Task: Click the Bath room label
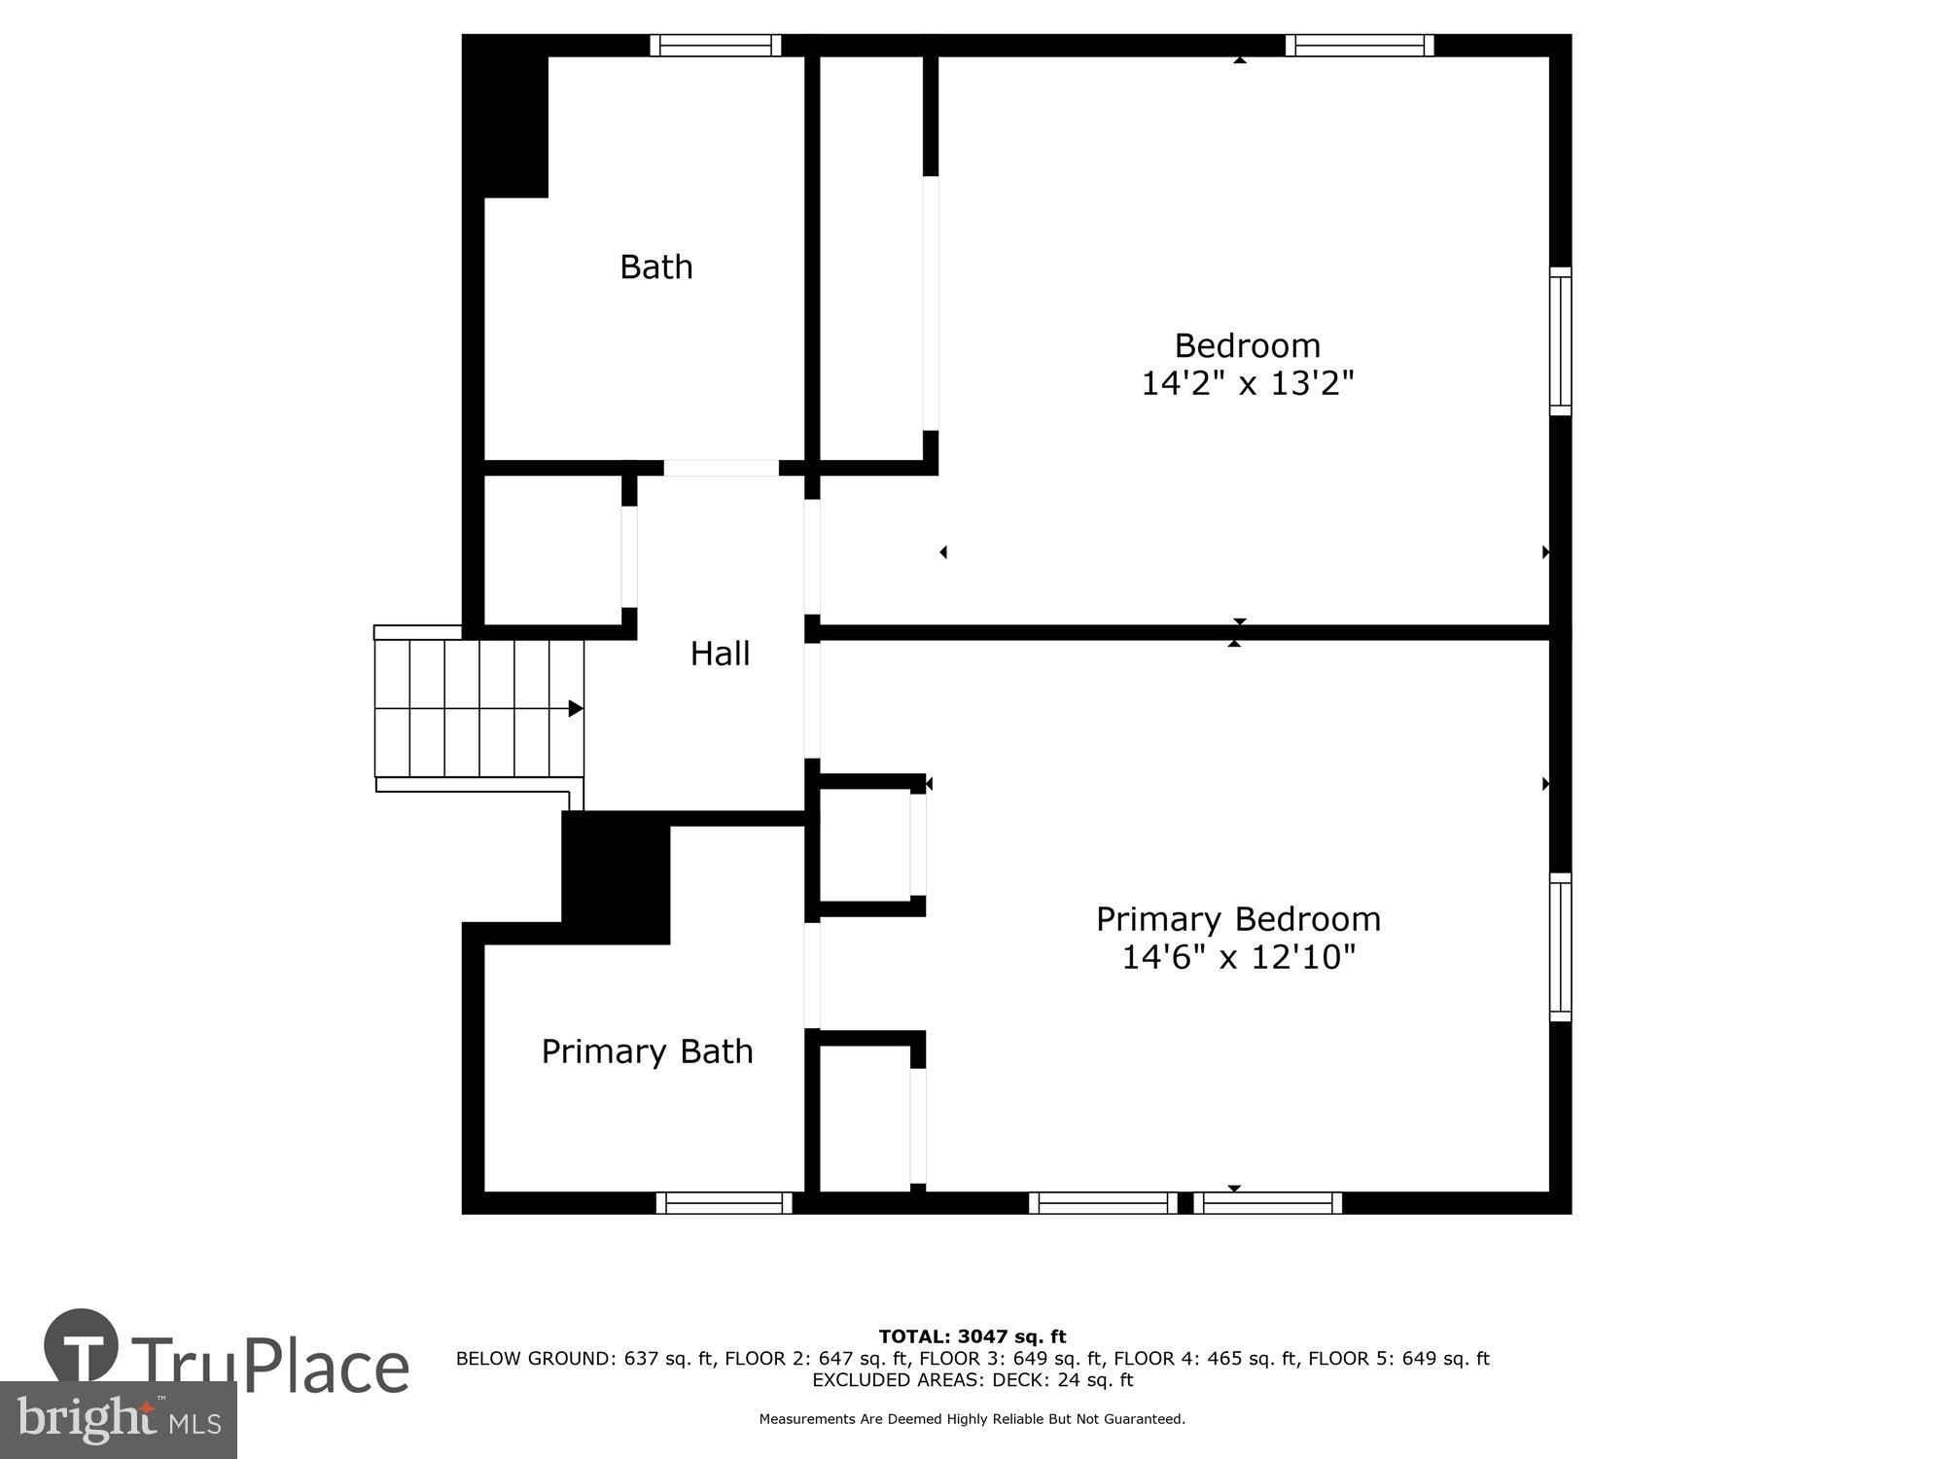pyautogui.click(x=656, y=267)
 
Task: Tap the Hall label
pyautogui.click(x=720, y=654)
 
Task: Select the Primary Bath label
pyautogui.click(x=647, y=1051)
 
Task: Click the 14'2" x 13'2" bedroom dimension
pyautogui.click(x=1247, y=384)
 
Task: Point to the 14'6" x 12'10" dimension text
pyautogui.click(x=1238, y=958)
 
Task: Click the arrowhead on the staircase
pyautogui.click(x=576, y=708)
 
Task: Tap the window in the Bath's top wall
pyautogui.click(x=716, y=46)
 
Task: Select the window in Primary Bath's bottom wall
pyautogui.click(x=724, y=1203)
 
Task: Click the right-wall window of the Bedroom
pyautogui.click(x=1560, y=340)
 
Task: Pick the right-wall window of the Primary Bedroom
pyautogui.click(x=1560, y=947)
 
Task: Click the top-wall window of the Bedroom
pyautogui.click(x=1360, y=46)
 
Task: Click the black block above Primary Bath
pyautogui.click(x=616, y=878)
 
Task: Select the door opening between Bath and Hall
pyautogui.click(x=721, y=468)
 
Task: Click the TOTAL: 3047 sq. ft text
pyautogui.click(x=972, y=1336)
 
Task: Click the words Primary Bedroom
pyautogui.click(x=1238, y=919)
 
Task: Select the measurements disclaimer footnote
pyautogui.click(x=972, y=1419)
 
